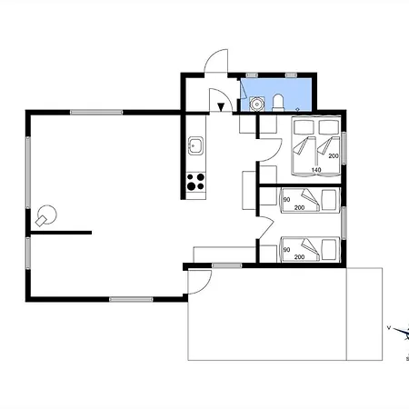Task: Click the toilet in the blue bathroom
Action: (278, 103)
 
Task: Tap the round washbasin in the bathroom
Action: (257, 104)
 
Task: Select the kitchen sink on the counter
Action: (195, 145)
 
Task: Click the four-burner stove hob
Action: (195, 181)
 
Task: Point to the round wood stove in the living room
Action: (46, 215)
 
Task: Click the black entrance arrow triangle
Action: (221, 107)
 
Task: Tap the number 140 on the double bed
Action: (316, 170)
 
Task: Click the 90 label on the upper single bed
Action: (286, 200)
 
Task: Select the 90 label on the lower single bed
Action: (286, 250)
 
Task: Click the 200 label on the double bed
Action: (334, 156)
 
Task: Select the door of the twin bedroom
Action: (266, 228)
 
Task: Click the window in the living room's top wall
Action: (96, 113)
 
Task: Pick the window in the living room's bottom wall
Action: (131, 300)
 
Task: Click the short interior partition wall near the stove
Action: (61, 233)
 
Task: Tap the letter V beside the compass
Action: (389, 327)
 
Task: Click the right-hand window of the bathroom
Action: (291, 75)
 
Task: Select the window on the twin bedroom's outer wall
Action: (344, 223)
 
